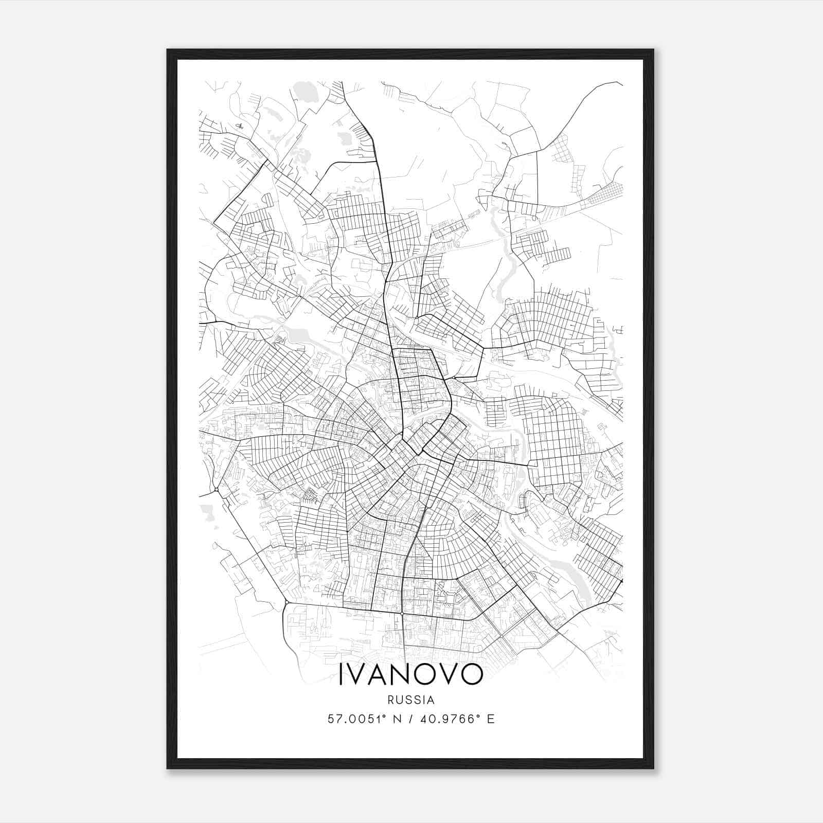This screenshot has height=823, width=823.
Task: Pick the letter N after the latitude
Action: (397, 719)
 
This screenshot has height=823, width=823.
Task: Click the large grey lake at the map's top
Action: (308, 93)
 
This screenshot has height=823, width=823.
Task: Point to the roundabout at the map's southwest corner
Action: (286, 602)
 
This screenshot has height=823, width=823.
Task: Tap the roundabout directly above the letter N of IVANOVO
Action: (402, 614)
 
